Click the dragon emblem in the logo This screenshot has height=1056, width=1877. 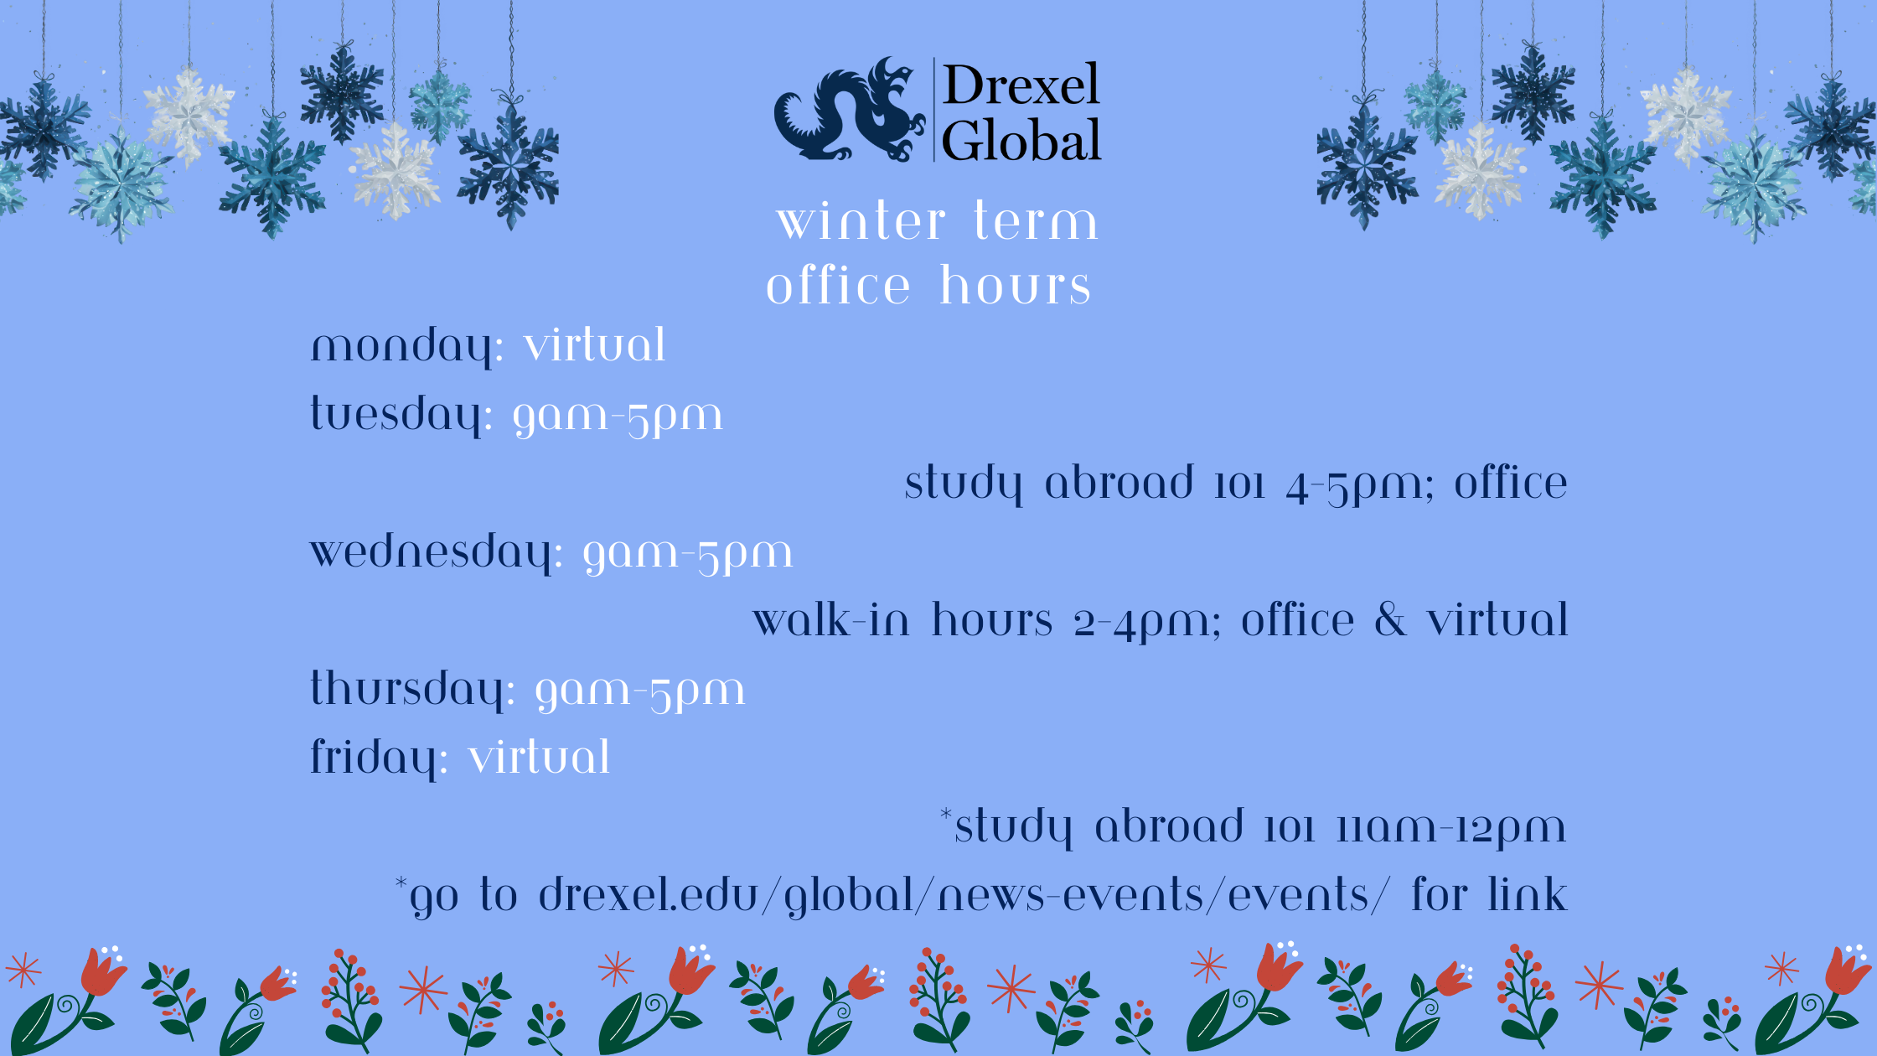click(x=848, y=111)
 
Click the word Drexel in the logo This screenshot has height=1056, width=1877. click(x=1021, y=85)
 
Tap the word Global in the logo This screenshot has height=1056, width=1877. click(x=1021, y=140)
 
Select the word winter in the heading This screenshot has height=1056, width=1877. click(x=861, y=222)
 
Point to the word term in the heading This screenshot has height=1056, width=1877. click(x=1036, y=222)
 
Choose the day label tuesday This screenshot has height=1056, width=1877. click(x=401, y=415)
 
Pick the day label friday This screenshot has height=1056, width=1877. click(x=379, y=758)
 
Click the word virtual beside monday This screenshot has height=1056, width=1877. click(x=595, y=345)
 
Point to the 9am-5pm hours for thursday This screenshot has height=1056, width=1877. click(x=640, y=692)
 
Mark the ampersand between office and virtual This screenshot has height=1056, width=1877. click(x=1390, y=621)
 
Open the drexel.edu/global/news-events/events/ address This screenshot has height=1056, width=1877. click(x=964, y=896)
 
